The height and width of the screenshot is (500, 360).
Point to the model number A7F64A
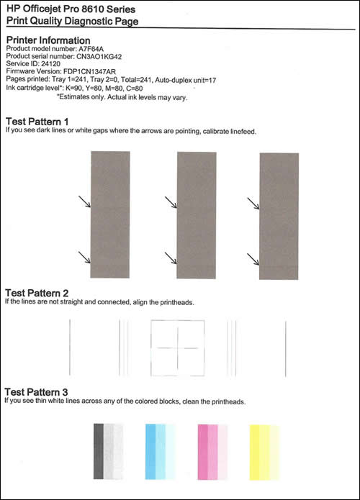click(94, 49)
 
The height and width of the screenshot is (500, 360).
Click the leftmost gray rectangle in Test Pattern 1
click(110, 214)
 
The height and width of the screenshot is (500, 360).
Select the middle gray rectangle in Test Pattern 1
click(195, 214)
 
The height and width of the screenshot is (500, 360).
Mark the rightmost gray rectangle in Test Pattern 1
click(277, 214)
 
